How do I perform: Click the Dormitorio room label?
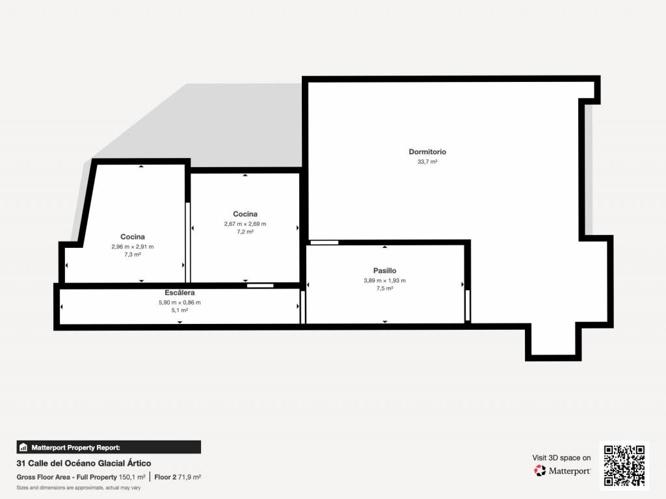[x=427, y=152]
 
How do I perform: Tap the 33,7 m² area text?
[x=427, y=162]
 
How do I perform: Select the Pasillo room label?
[x=385, y=271]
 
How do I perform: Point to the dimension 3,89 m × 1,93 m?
[x=385, y=280]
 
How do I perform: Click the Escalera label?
[x=180, y=293]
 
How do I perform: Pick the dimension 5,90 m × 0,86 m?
[x=180, y=303]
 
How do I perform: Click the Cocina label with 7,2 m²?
[x=245, y=214]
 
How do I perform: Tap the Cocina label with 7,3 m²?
[x=133, y=237]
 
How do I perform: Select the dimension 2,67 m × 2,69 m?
[x=245, y=224]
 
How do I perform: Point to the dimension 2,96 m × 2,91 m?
[x=133, y=247]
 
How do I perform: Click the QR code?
[x=624, y=466]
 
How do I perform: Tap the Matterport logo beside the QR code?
[x=562, y=470]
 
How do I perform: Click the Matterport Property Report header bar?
[x=109, y=447]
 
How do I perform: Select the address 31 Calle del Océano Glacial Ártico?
[x=84, y=463]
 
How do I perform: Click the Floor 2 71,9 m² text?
[x=178, y=478]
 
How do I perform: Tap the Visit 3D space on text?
[x=561, y=458]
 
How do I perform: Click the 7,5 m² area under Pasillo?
[x=385, y=289]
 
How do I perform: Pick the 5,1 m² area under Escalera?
[x=180, y=311]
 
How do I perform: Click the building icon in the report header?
[x=23, y=448]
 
